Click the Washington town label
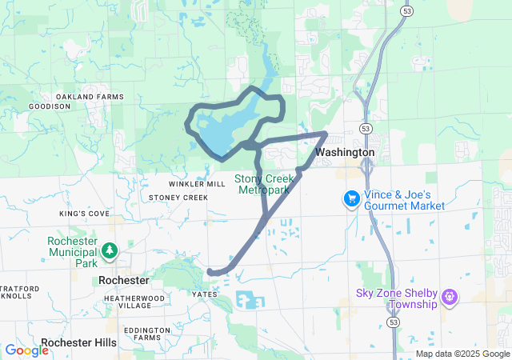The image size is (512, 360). [x=345, y=152]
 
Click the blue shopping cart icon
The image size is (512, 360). [x=350, y=197]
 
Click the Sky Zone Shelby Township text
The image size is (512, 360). [x=397, y=298]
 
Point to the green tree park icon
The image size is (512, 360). [x=109, y=251]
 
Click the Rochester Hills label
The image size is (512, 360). [x=78, y=342]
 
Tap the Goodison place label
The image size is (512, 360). [x=50, y=106]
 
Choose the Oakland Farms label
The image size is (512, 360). [x=100, y=97]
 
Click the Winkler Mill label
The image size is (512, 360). [x=197, y=184]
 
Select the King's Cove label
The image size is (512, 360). [x=84, y=214]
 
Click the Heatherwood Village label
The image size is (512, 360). [x=134, y=302]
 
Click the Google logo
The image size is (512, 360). [x=26, y=350]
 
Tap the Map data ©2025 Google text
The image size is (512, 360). [x=462, y=354]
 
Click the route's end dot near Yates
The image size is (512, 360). [x=211, y=273]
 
